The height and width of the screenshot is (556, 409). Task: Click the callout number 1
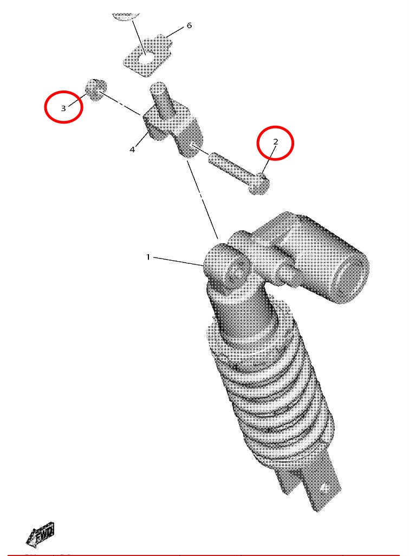(148, 257)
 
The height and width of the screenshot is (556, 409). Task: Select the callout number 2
(276, 142)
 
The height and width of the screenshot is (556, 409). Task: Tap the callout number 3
(63, 108)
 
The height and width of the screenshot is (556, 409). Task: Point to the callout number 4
(132, 150)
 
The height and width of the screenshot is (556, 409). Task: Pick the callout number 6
(189, 25)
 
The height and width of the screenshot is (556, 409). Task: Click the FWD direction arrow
(40, 533)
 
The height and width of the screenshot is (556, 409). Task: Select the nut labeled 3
(97, 90)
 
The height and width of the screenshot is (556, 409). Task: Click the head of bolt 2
(259, 183)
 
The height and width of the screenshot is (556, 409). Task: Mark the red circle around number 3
(63, 107)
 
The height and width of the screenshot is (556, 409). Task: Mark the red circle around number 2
(275, 143)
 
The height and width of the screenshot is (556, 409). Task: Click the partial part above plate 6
(126, 17)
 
